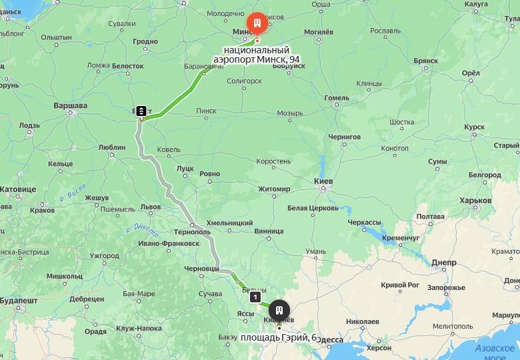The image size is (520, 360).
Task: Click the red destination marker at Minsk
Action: coord(257,23)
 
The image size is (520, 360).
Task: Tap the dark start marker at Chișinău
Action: coord(279,310)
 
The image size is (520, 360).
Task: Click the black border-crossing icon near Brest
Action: coord(141,111)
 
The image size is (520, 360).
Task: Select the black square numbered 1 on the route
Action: coord(254,297)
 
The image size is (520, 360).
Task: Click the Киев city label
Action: coord(323,181)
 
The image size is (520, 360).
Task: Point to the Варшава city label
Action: coord(70,106)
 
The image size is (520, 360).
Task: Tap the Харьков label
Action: coord(475,201)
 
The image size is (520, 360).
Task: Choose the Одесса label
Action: coord(329,339)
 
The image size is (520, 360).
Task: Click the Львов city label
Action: coord(151,207)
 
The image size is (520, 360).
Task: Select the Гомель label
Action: coord(337,98)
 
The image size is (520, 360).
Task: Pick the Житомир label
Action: coord(274,189)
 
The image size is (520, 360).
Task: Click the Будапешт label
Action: coord(19,301)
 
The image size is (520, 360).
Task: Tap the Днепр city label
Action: coord(443,262)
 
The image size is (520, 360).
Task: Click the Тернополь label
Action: coord(192,231)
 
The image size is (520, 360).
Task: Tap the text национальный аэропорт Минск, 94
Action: coord(257,55)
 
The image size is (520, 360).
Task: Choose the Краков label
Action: coord(42,210)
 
